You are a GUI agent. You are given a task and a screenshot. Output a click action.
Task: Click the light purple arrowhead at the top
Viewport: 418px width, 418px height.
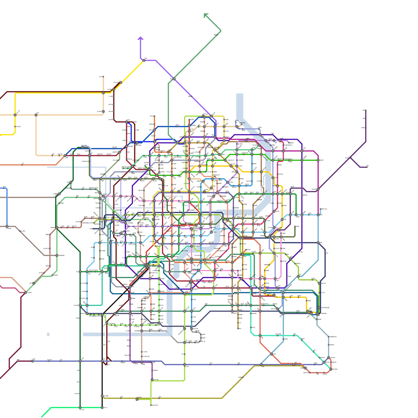pos(141,38)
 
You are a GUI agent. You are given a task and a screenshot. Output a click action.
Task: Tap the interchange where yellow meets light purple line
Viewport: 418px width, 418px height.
pos(144,60)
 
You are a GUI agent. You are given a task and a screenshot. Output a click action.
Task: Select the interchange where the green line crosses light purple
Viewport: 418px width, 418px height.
pos(174,79)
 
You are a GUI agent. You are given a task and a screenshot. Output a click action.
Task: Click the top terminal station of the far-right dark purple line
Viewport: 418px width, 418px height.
pos(365,110)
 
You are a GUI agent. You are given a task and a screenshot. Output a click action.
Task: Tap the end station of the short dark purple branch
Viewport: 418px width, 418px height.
pos(367,167)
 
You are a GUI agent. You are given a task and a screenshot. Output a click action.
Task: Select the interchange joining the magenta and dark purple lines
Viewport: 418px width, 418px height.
pos(318,189)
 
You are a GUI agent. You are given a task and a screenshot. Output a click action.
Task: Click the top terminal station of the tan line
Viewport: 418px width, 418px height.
pos(103,77)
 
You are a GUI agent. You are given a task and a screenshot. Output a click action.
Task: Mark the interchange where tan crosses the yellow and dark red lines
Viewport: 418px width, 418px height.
pos(103,93)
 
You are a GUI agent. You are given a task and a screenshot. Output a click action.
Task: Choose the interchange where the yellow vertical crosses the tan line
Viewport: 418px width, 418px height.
pos(15,115)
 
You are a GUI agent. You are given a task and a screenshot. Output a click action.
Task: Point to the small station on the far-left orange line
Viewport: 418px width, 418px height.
pos(22,165)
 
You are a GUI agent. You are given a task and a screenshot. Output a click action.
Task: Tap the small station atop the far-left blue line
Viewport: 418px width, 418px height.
pos(4,188)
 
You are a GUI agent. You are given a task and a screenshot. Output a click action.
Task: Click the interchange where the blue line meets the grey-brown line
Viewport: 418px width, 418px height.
pos(7,227)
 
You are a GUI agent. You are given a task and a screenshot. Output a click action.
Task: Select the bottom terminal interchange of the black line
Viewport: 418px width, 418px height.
pos(102,407)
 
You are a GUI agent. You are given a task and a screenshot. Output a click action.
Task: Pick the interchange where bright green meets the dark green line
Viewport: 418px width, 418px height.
pos(80,407)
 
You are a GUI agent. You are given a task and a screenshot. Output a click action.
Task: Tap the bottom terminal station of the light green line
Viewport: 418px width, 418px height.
pos(151,405)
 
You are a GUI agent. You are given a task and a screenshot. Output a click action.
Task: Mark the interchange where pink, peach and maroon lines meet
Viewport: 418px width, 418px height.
pos(26,293)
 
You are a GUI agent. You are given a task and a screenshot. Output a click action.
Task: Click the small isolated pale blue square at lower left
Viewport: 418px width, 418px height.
pos(48,334)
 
